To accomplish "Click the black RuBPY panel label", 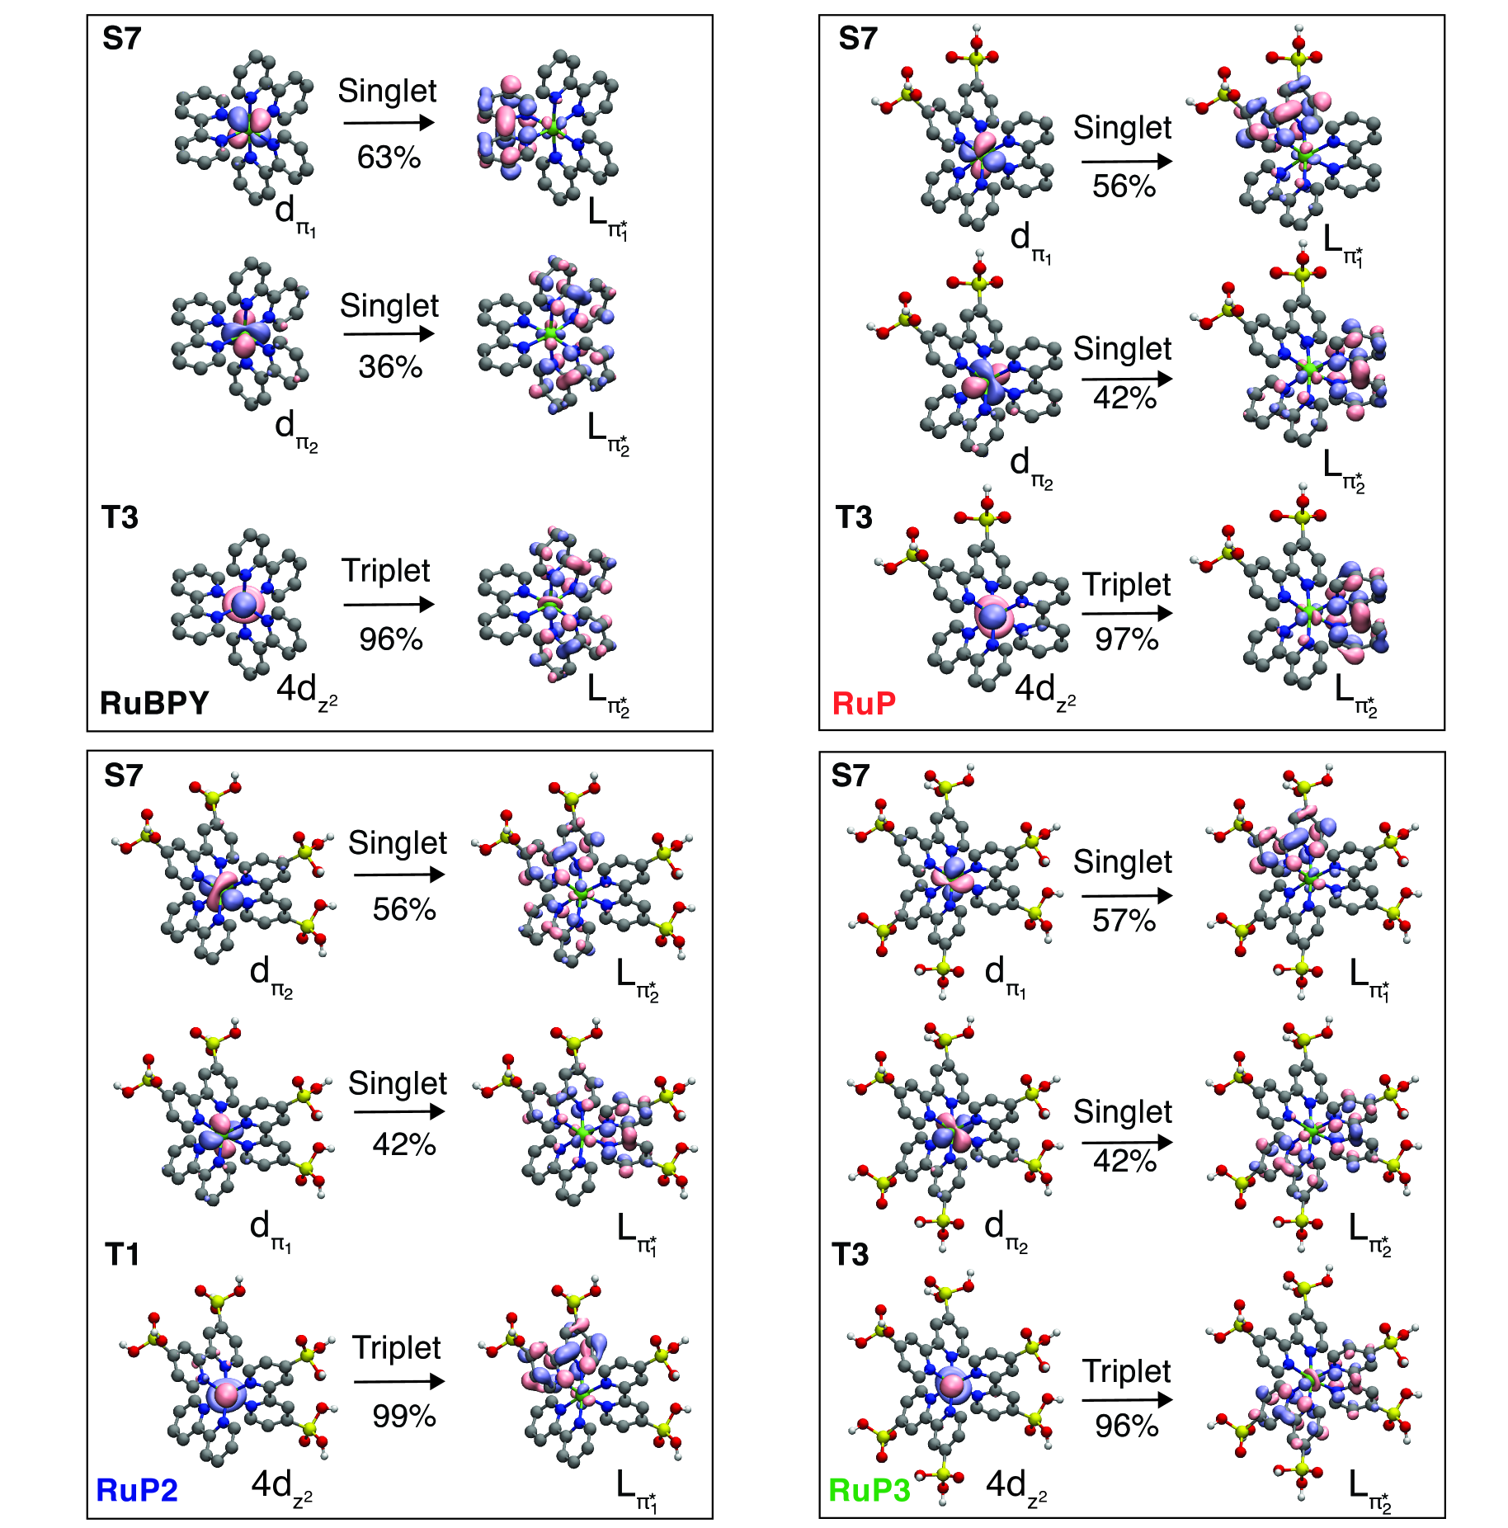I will click(154, 702).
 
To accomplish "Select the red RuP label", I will click(864, 703).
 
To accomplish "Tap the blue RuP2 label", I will click(137, 1490).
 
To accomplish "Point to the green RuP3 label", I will click(869, 1490).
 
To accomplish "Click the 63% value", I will click(389, 157).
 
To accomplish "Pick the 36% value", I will click(390, 366).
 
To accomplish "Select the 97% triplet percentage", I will click(1126, 639).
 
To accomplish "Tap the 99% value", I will click(403, 1416).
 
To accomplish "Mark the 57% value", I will click(1124, 920).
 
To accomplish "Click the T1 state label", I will click(122, 1254).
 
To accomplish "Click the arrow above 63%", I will click(389, 123).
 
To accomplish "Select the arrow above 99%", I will click(399, 1381).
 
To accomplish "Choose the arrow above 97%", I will click(1126, 613).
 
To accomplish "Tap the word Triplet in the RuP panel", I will click(1126, 584).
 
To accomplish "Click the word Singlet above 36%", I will click(389, 305).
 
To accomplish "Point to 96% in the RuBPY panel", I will click(390, 639).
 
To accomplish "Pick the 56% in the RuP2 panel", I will click(403, 908).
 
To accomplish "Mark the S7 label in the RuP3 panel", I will click(851, 776).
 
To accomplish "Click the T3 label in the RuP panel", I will click(854, 517).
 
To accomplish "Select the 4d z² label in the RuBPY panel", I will click(306, 690).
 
